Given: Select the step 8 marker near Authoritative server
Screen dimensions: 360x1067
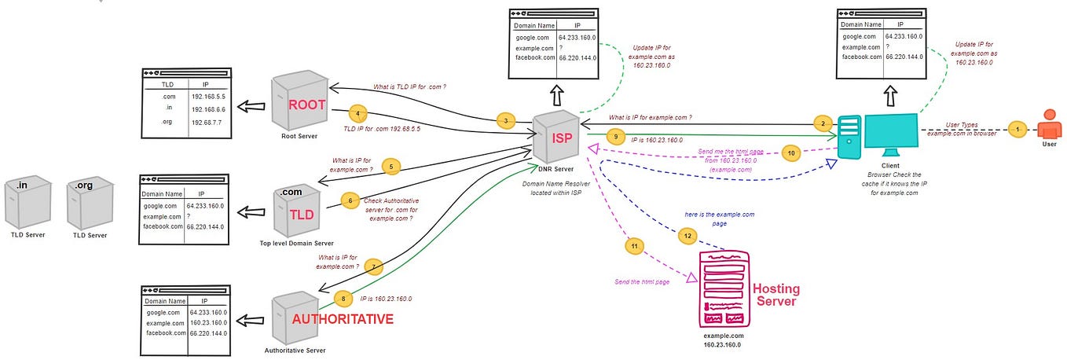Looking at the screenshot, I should (340, 298).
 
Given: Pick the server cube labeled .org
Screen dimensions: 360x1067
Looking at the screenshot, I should (84, 200).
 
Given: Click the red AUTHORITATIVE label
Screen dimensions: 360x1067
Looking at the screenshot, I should (342, 319).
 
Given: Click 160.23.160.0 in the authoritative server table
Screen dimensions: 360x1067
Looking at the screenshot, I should (208, 322).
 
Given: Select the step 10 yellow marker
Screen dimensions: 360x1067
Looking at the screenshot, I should (791, 153).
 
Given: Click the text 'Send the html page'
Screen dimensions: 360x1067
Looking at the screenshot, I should (642, 281).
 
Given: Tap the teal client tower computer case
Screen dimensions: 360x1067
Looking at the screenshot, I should (849, 137).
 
